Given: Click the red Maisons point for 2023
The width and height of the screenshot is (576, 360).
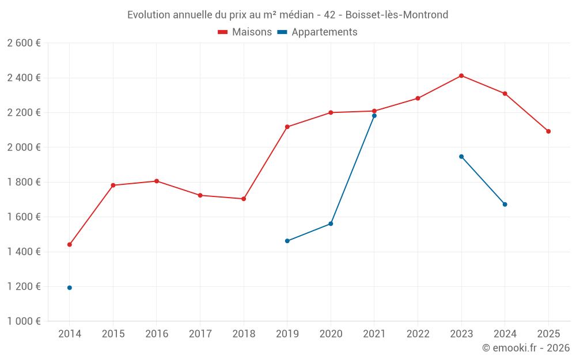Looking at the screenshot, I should coord(461,75).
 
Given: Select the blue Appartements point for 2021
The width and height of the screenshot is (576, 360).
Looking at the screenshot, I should coord(374,116).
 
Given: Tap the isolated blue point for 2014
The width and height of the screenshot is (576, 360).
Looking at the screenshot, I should coord(70,287).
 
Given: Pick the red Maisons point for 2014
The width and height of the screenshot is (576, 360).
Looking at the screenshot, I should coord(70,244).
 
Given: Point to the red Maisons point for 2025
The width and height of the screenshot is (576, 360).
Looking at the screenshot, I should coord(548,131).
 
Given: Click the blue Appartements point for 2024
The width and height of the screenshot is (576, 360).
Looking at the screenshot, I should coord(505,204).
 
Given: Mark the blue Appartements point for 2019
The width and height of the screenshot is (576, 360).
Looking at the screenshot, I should coord(287,241).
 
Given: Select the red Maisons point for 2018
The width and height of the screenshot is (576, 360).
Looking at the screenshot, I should coord(244,199).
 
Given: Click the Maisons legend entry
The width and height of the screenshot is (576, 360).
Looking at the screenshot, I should coord(245,32).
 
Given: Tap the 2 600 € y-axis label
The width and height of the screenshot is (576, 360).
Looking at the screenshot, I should coord(24,43).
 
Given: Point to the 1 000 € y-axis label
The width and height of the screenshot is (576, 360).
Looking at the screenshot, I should coord(24,321).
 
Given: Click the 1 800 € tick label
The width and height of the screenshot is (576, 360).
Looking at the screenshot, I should coord(24,182).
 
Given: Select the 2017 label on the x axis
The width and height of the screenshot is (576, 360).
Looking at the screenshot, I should coord(200,334).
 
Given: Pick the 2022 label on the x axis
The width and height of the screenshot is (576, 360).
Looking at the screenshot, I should coord(418,334).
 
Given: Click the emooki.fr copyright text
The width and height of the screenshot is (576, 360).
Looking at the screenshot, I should coord(525,348).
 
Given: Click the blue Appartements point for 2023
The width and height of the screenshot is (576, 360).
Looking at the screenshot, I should coord(461,157).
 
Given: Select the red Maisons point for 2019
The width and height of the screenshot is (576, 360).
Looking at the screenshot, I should coord(287,127).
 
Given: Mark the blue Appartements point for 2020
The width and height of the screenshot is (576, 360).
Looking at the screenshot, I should coord(331,223).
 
